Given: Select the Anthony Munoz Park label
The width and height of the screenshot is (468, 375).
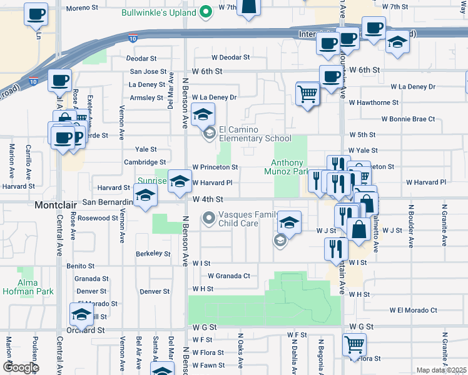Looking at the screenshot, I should click(287, 166).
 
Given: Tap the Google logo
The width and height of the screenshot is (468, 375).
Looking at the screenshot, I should click(20, 367).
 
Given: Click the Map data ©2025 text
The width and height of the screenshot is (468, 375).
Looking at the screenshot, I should click(441, 370).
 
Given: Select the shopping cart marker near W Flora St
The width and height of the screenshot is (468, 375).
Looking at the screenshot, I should click(355, 344).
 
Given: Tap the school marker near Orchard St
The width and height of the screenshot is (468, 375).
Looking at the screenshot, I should click(81, 314).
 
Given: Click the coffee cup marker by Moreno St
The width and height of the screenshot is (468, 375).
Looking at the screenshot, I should click(36, 13).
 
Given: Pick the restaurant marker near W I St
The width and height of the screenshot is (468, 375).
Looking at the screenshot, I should click(336, 248).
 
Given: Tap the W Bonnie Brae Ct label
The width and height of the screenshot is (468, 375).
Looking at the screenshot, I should click(408, 119).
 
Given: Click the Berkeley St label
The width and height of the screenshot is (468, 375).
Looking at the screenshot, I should click(153, 254).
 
